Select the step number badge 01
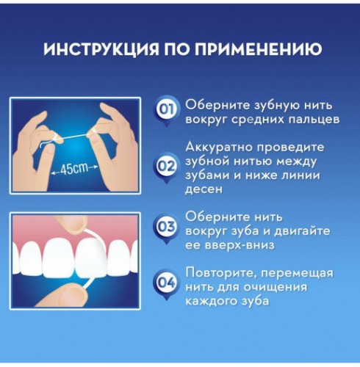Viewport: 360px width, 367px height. pos(167,111)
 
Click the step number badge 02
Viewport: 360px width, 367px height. pos(167,166)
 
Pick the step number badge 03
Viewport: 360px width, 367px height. pos(167,228)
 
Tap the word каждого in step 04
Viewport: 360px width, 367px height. pos(212,301)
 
